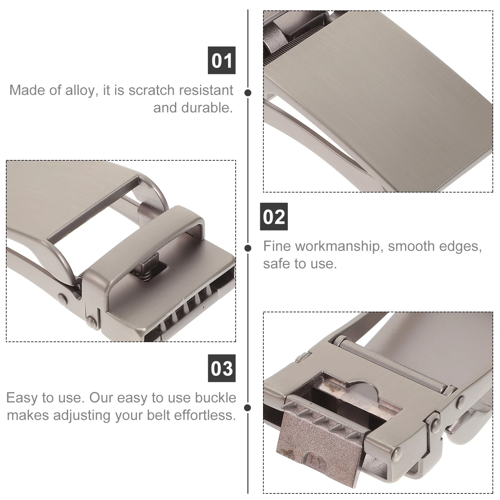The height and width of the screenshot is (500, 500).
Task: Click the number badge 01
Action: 222,60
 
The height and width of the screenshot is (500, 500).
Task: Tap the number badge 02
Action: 274,217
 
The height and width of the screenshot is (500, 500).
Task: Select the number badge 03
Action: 222,368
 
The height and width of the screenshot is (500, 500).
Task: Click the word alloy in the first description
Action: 79,91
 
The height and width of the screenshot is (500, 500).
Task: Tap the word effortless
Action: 205,415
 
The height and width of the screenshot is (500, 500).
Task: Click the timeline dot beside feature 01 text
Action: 248,93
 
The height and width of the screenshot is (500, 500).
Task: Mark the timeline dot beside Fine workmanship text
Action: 248,248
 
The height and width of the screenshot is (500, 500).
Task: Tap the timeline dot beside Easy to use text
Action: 248,407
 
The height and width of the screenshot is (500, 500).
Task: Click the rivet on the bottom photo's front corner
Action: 398,451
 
